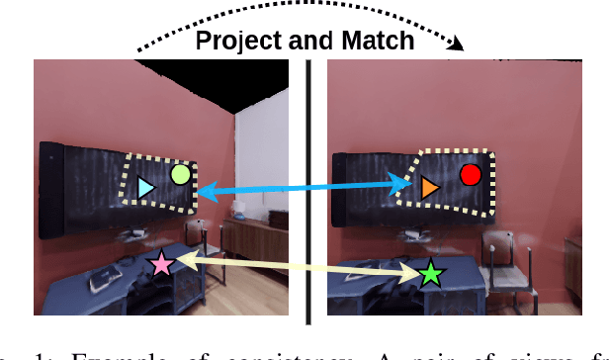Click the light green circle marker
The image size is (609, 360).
(180, 175)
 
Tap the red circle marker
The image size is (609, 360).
(471, 175)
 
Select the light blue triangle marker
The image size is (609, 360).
(146, 188)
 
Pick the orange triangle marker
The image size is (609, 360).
(429, 187)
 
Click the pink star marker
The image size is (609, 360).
(160, 264)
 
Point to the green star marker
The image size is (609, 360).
(430, 274)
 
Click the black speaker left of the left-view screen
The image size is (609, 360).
(50, 180)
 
